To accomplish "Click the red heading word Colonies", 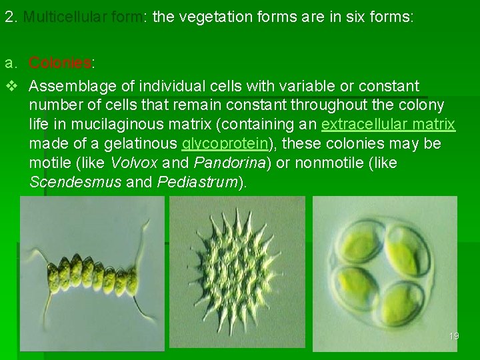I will point(60,63).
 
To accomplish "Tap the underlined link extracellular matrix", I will point(388,125).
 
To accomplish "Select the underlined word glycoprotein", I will point(225,144).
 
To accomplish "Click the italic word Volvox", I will point(135,163).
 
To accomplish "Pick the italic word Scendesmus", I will point(75,183).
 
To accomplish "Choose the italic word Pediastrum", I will point(197,183).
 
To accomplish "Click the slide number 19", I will point(453,336).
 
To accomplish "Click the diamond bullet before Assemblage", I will point(10,87).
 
